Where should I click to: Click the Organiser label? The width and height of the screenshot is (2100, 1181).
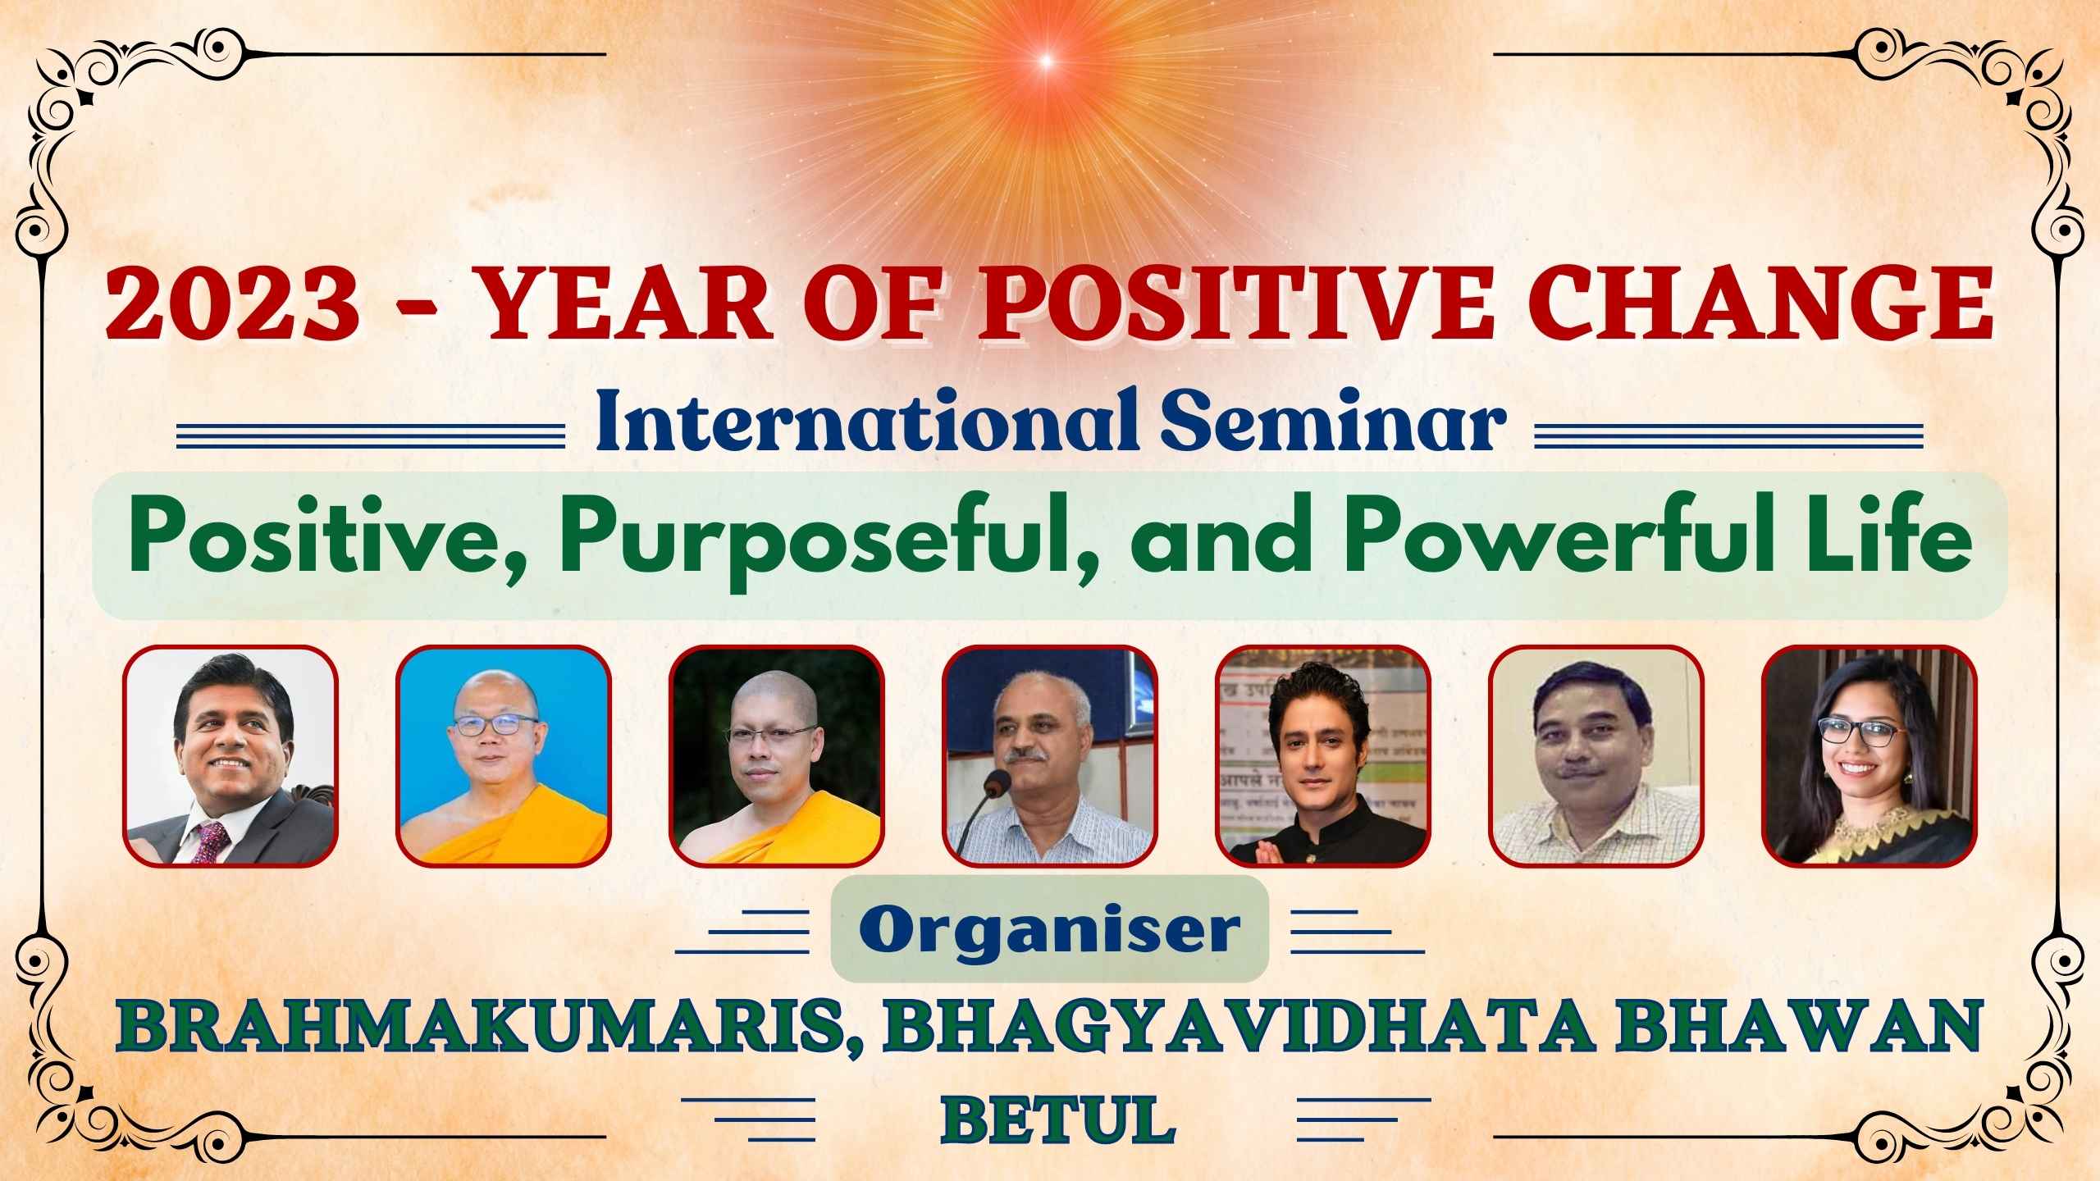tap(1050, 929)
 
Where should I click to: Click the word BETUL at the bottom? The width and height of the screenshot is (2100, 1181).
tap(1057, 1117)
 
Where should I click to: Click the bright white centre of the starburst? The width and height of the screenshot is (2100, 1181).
tap(1045, 60)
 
